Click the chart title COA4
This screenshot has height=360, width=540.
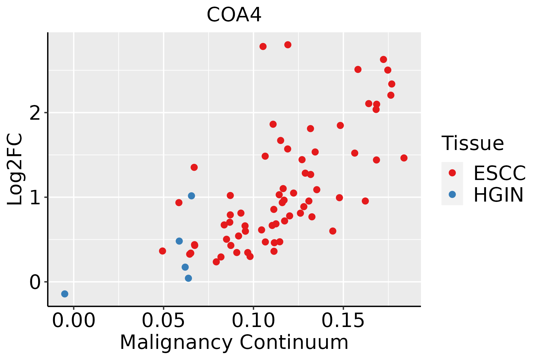point(234,15)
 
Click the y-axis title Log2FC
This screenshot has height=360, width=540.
point(15,169)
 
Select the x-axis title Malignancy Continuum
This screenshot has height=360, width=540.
point(234,343)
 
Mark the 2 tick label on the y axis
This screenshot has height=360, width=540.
point(35,112)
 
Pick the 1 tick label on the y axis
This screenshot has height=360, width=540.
point(35,197)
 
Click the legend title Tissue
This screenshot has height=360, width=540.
point(473,143)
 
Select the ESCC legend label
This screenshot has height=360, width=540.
point(499,173)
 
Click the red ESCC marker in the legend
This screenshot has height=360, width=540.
point(452,172)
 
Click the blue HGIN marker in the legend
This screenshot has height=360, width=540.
point(452,194)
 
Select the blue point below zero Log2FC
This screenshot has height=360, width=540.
point(65,294)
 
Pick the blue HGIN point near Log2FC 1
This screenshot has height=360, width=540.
point(191,196)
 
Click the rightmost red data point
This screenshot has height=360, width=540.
point(404,158)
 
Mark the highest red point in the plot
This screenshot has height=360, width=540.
point(288,45)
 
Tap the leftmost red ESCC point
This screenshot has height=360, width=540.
point(163,251)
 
